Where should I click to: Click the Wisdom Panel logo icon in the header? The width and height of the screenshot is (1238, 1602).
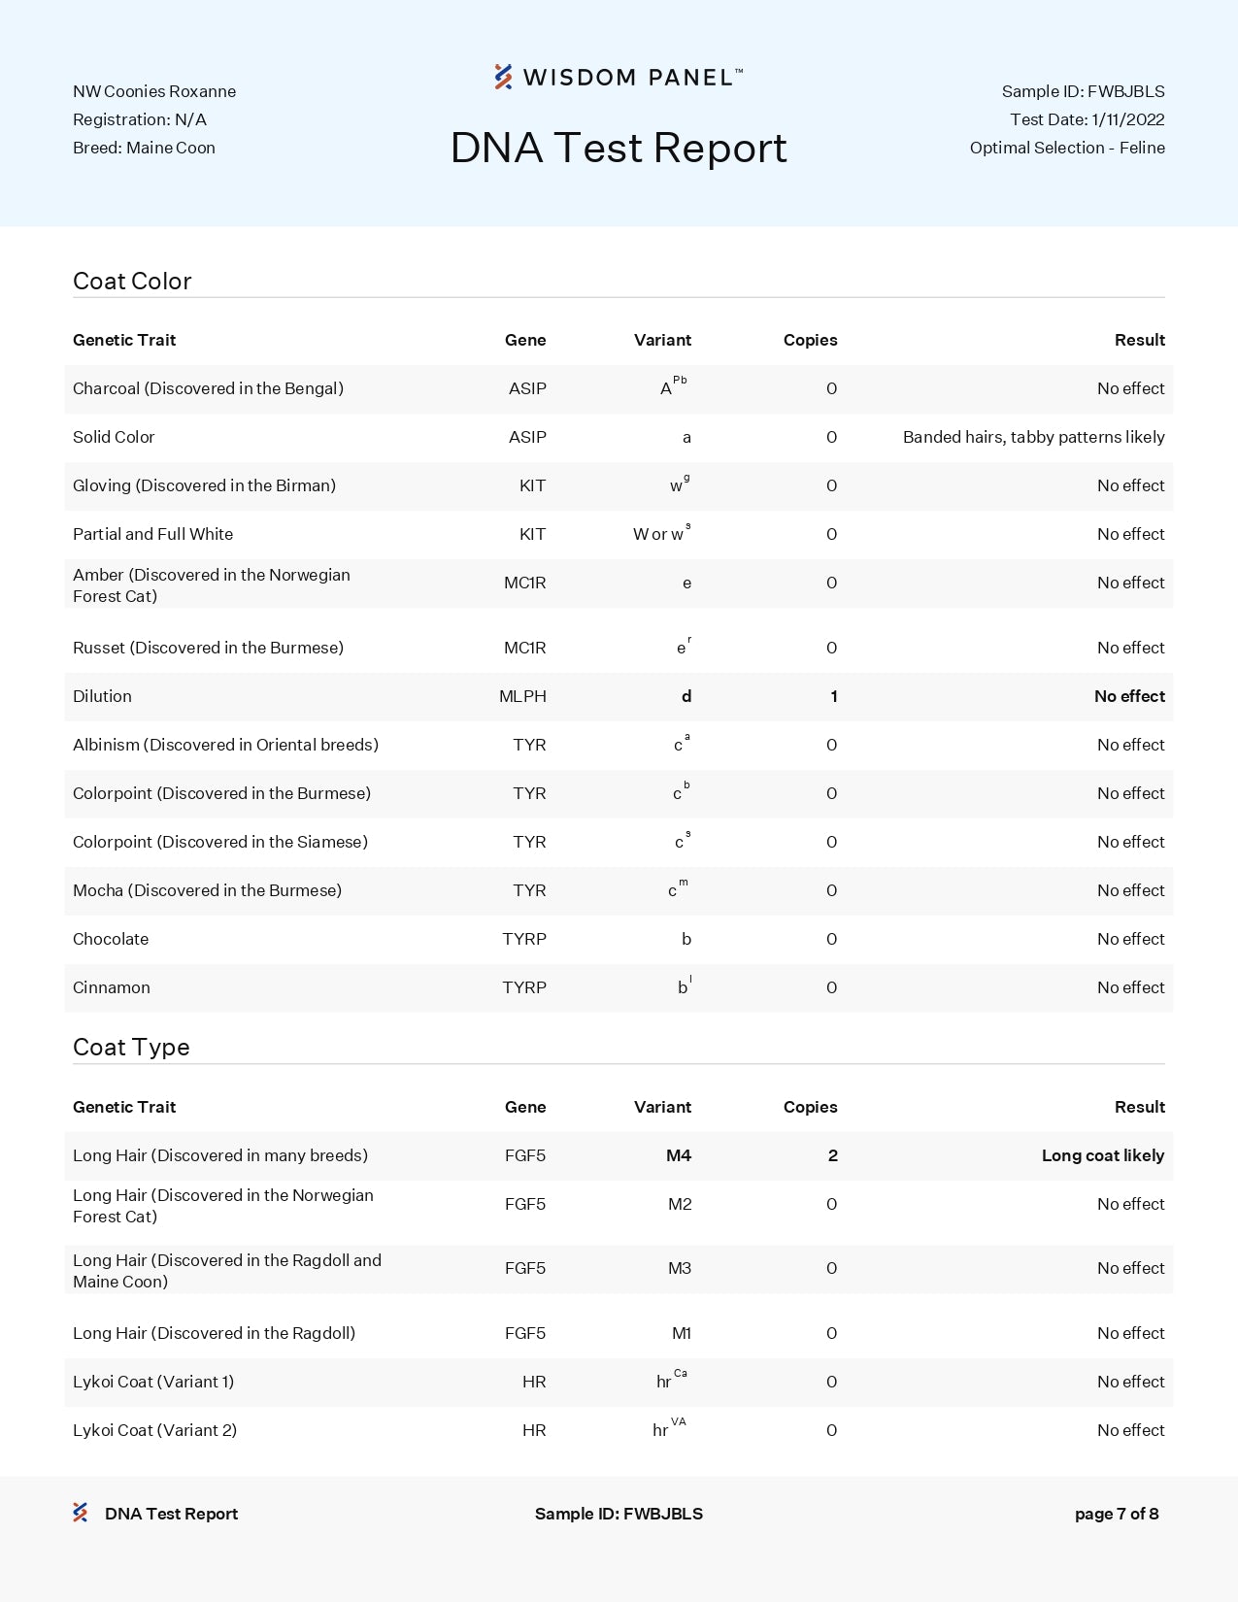pyautogui.click(x=503, y=77)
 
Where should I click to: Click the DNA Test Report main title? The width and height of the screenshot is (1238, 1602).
pyautogui.click(x=619, y=149)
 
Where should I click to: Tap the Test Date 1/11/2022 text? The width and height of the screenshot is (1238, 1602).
pyautogui.click(x=1087, y=119)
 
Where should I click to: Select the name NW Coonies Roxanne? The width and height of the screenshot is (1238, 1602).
pyautogui.click(x=154, y=91)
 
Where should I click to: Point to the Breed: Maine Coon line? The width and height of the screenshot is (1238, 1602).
pyautogui.click(x=144, y=148)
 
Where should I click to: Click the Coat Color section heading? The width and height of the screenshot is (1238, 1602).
pyautogui.click(x=132, y=282)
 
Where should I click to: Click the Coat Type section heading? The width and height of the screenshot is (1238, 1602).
pyautogui.click(x=131, y=1048)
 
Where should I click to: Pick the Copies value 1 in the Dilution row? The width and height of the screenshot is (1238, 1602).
pyautogui.click(x=833, y=696)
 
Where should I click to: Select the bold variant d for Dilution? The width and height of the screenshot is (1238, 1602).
pyautogui.click(x=686, y=696)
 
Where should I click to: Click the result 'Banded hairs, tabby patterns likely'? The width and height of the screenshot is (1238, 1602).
pyautogui.click(x=1033, y=437)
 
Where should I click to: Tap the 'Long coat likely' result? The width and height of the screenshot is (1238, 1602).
pyautogui.click(x=1102, y=1155)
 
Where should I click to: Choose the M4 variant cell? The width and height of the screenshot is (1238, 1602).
pyautogui.click(x=679, y=1155)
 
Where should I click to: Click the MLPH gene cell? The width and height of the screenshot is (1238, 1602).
pyautogui.click(x=522, y=696)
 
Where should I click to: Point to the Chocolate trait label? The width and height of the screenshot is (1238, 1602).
pyautogui.click(x=111, y=939)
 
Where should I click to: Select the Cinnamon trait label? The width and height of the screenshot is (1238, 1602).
pyautogui.click(x=112, y=987)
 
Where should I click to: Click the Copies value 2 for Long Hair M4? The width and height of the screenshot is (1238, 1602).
pyautogui.click(x=832, y=1155)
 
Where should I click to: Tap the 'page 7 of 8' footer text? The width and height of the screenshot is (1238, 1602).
pyautogui.click(x=1117, y=1514)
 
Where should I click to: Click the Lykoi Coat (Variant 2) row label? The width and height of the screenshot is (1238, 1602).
pyautogui.click(x=154, y=1430)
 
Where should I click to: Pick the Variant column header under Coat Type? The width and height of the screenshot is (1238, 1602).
pyautogui.click(x=662, y=1107)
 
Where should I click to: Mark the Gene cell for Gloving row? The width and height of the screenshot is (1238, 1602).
pyautogui.click(x=532, y=485)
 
